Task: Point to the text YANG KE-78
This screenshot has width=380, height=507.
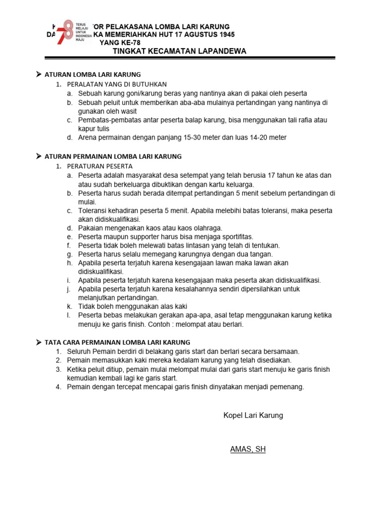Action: [x=117, y=43]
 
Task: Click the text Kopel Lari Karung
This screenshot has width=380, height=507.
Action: [x=253, y=415]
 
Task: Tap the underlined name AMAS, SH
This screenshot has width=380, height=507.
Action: [x=248, y=450]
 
